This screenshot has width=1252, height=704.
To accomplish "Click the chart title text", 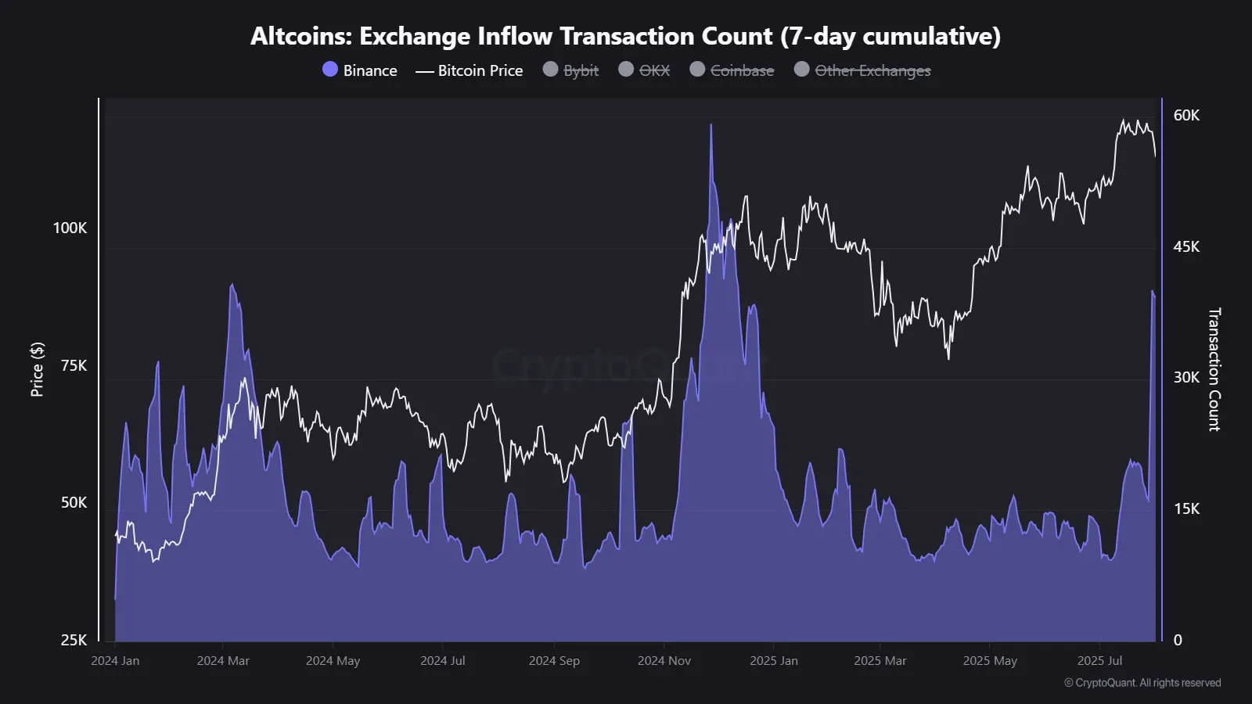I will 625,36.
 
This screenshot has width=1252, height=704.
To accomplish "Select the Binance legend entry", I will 361,70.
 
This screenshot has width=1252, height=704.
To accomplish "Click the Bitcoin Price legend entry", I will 469,70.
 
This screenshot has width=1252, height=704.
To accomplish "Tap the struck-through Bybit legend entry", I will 571,70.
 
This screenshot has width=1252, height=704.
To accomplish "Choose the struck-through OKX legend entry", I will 645,70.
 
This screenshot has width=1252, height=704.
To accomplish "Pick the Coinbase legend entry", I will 732,70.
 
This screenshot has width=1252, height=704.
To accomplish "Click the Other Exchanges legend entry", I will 863,70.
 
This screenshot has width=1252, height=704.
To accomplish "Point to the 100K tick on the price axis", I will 70,228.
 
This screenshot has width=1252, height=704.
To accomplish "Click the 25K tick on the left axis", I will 74,640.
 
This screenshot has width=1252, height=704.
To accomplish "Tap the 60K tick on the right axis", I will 1186,116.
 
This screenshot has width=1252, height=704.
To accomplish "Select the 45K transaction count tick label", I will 1186,246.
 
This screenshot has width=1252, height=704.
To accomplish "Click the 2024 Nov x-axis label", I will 664,661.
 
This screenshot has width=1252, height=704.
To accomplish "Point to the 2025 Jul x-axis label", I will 1099,661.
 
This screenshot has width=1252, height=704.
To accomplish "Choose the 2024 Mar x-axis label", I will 223,661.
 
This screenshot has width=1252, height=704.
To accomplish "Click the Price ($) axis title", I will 37,369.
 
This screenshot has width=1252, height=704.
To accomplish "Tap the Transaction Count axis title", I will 1214,369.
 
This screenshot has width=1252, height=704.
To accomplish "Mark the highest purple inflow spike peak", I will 711,125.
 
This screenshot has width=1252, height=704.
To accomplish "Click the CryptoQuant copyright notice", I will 1142,683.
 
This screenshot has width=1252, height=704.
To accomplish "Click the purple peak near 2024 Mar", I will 232,286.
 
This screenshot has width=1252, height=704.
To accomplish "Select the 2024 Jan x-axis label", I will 115,661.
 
